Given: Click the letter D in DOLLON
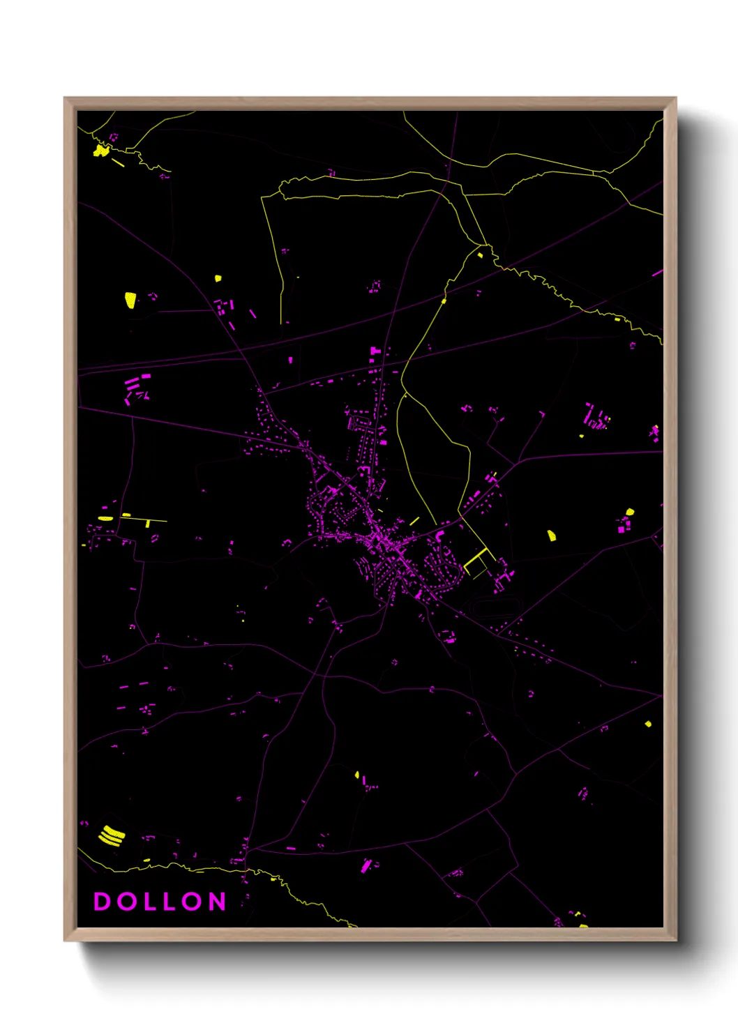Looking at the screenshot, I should [x=102, y=902].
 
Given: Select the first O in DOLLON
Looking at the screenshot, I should [x=126, y=902].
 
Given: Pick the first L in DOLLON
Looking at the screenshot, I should [x=150, y=902].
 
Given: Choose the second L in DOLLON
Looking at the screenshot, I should [x=171, y=902].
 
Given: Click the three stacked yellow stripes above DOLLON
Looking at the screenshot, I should [x=112, y=835].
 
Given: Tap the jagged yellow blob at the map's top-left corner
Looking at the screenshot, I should [x=101, y=150].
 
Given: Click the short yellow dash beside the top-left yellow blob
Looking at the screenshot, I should [x=118, y=163].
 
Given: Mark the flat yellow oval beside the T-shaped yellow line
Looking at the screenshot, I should [x=105, y=518].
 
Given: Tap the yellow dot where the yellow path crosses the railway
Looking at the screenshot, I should [x=444, y=301].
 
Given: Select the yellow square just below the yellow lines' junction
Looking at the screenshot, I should [x=480, y=255].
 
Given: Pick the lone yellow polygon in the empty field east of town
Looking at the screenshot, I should [x=551, y=536].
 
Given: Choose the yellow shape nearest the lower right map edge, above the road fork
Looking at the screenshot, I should [x=648, y=724].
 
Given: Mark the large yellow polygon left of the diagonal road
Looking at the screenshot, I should [x=130, y=300].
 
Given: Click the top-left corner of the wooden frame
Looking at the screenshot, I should [x=65, y=98].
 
